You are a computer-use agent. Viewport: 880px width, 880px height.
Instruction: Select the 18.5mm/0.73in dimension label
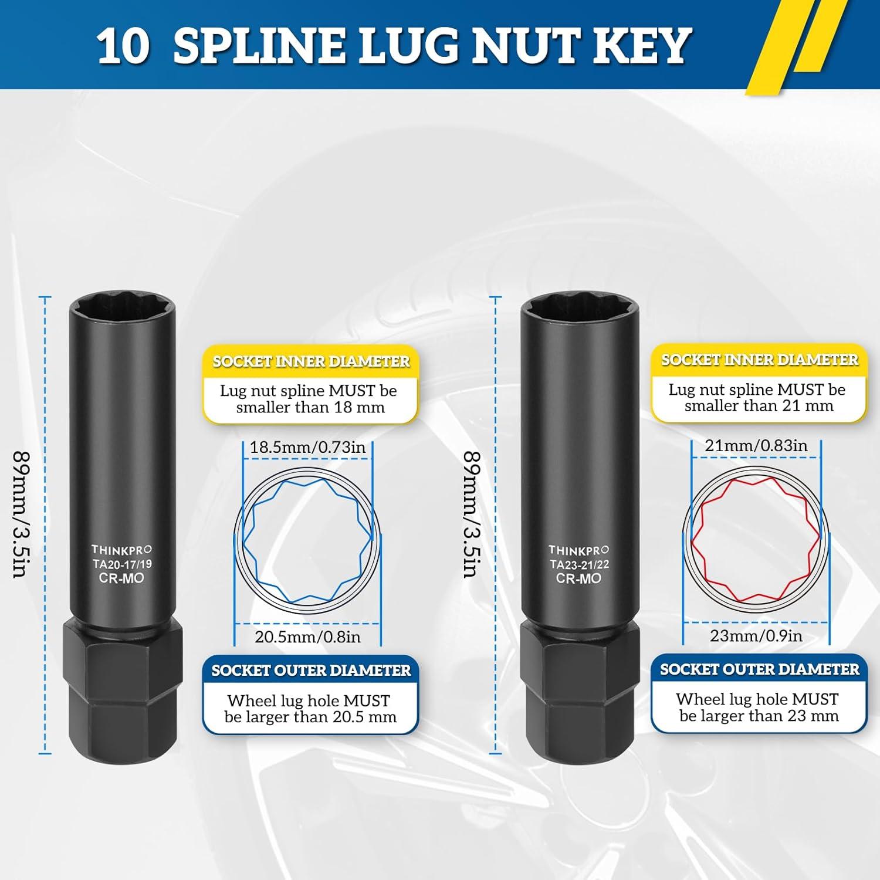[x=307, y=448]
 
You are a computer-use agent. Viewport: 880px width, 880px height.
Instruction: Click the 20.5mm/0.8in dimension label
[x=307, y=637]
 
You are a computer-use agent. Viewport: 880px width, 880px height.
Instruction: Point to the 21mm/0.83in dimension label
[x=756, y=446]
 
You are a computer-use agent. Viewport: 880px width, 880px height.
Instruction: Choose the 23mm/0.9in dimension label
[x=756, y=635]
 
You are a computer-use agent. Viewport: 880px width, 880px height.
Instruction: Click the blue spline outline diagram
[x=307, y=541]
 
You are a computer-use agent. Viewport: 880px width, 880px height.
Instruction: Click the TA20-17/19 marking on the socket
[x=121, y=564]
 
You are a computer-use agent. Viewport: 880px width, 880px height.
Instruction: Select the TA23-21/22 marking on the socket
[x=578, y=564]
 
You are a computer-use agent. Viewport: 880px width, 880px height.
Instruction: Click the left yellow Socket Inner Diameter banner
[x=311, y=361]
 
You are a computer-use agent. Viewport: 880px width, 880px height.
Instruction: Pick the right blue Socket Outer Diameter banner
[x=759, y=669]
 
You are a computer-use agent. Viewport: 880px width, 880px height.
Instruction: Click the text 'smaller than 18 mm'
[x=310, y=408]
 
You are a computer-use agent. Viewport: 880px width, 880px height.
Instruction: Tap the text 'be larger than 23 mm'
[x=759, y=716]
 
